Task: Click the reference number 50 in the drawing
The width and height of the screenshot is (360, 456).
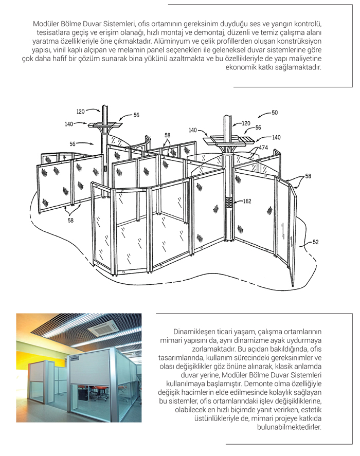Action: click(275, 113)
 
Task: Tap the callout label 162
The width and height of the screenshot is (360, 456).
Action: click(247, 202)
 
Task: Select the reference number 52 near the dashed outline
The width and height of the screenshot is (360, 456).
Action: click(316, 241)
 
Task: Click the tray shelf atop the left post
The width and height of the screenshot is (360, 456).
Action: click(105, 124)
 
